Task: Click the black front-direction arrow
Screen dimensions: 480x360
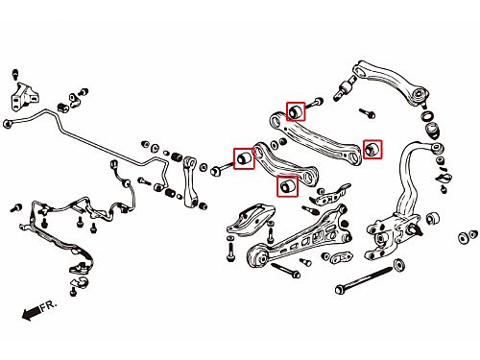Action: point(32,312)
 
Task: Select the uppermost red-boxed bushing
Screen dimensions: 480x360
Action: point(296,111)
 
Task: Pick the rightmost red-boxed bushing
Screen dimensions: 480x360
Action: point(372,149)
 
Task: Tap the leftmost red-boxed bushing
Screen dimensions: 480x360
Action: point(244,158)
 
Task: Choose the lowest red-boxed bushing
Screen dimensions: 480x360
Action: point(287,186)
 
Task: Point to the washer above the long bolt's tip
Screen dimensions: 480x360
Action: point(398,265)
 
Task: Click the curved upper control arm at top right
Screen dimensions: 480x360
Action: point(391,81)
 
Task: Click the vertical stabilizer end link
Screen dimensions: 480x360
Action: point(190,181)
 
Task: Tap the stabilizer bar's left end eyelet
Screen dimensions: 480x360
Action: point(7,124)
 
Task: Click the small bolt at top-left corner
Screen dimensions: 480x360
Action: point(15,74)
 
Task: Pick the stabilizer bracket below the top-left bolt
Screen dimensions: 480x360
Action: point(24,97)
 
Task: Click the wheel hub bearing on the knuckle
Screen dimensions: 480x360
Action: point(381,238)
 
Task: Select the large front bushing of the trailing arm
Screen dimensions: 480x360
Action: point(258,255)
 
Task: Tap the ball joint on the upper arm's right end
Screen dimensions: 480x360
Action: point(420,95)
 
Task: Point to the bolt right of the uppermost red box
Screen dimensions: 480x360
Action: point(314,104)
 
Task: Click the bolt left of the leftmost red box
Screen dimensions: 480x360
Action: point(221,169)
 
